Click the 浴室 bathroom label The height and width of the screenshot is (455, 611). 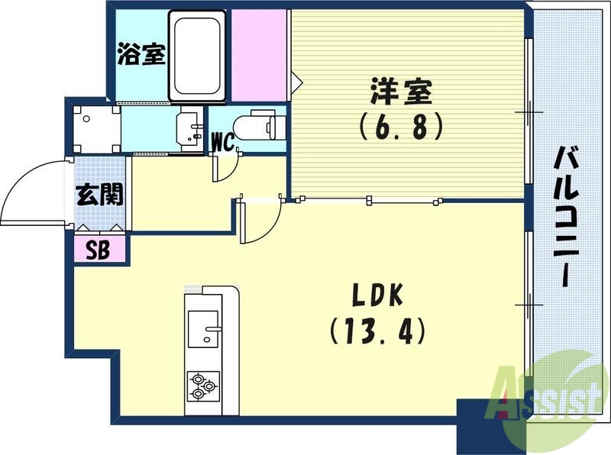[x=141, y=55]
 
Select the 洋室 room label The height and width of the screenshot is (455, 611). [x=401, y=94]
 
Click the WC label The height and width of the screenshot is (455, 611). [x=222, y=141]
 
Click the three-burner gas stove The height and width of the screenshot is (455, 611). [x=202, y=386]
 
